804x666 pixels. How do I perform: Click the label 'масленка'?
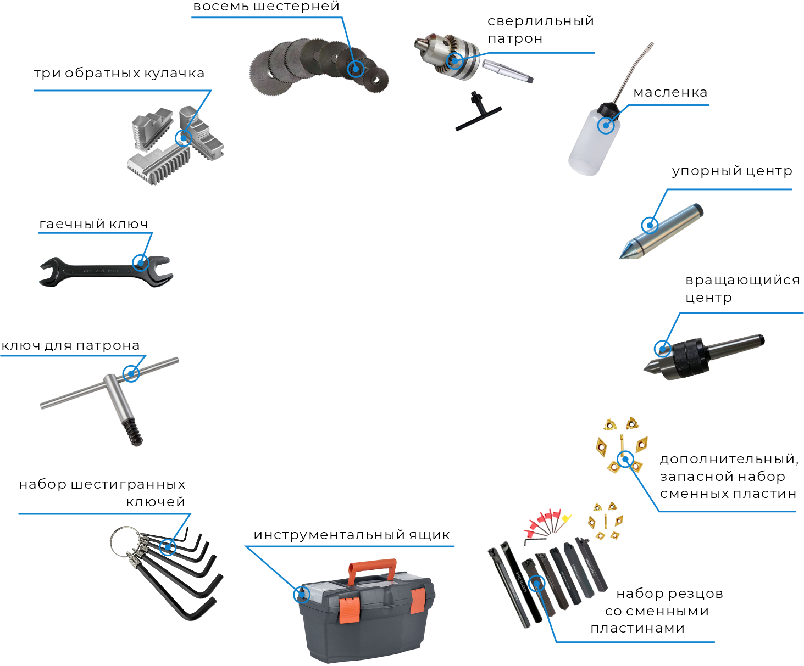click(670, 92)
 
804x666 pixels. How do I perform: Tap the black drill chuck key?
click(478, 111)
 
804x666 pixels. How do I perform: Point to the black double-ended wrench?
click(106, 272)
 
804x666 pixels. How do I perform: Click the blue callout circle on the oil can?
click(606, 125)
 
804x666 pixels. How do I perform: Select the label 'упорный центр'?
click(732, 171)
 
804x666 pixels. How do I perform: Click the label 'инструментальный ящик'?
click(352, 535)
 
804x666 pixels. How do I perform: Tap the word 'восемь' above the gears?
click(221, 7)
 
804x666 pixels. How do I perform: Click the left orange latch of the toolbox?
click(349, 609)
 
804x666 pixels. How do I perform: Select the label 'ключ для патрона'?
click(70, 345)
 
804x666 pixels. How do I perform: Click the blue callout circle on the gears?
click(356, 69)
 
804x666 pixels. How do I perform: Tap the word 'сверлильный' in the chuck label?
click(541, 21)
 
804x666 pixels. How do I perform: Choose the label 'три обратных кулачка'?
click(119, 73)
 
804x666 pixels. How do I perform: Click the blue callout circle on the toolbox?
click(302, 595)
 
